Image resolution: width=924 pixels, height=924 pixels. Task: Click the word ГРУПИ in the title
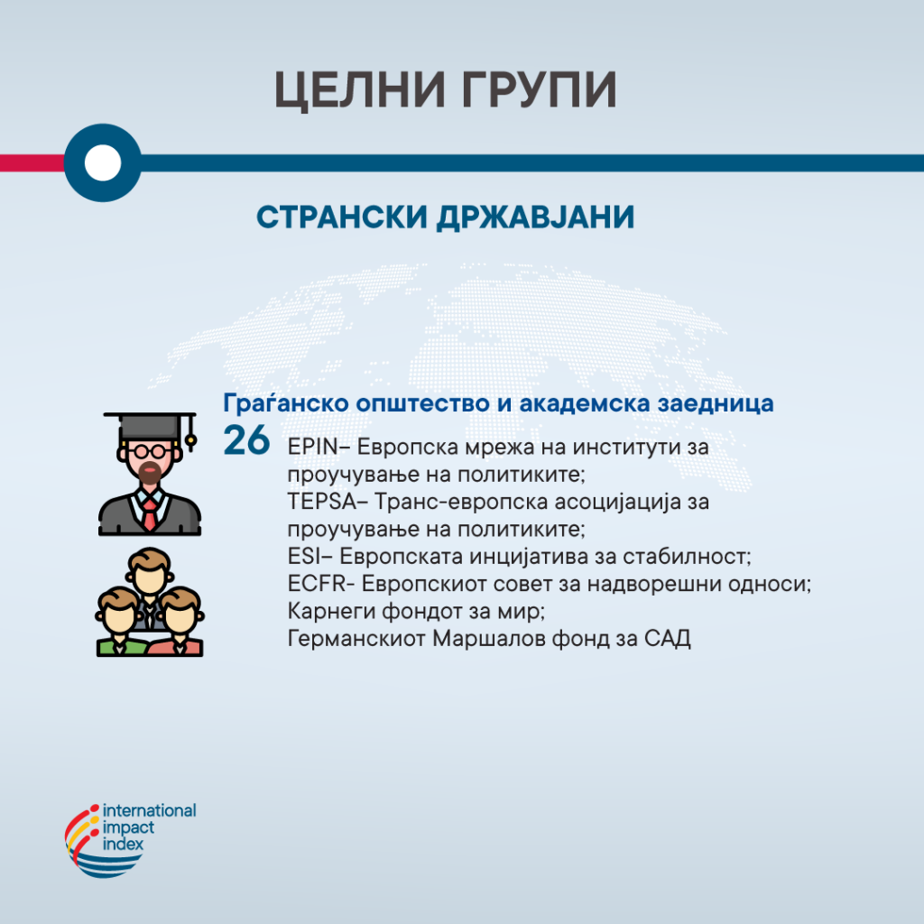click(539, 89)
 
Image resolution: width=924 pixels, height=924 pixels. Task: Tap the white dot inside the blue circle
click(103, 162)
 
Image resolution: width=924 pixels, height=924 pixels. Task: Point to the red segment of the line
click(32, 162)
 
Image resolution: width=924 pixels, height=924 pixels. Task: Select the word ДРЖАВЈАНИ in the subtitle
click(535, 217)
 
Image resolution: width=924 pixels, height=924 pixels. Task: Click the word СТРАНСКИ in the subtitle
click(342, 217)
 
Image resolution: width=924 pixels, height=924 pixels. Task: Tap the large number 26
click(246, 440)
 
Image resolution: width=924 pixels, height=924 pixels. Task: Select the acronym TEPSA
click(322, 502)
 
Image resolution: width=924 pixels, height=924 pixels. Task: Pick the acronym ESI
click(304, 557)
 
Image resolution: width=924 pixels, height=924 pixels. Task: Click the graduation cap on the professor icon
click(151, 426)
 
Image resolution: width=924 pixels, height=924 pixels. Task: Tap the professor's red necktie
click(150, 514)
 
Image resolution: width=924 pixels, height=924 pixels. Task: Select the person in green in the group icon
click(121, 623)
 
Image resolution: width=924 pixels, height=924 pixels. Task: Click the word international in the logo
click(149, 811)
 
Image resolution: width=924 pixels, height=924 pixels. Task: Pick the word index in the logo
click(123, 845)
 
